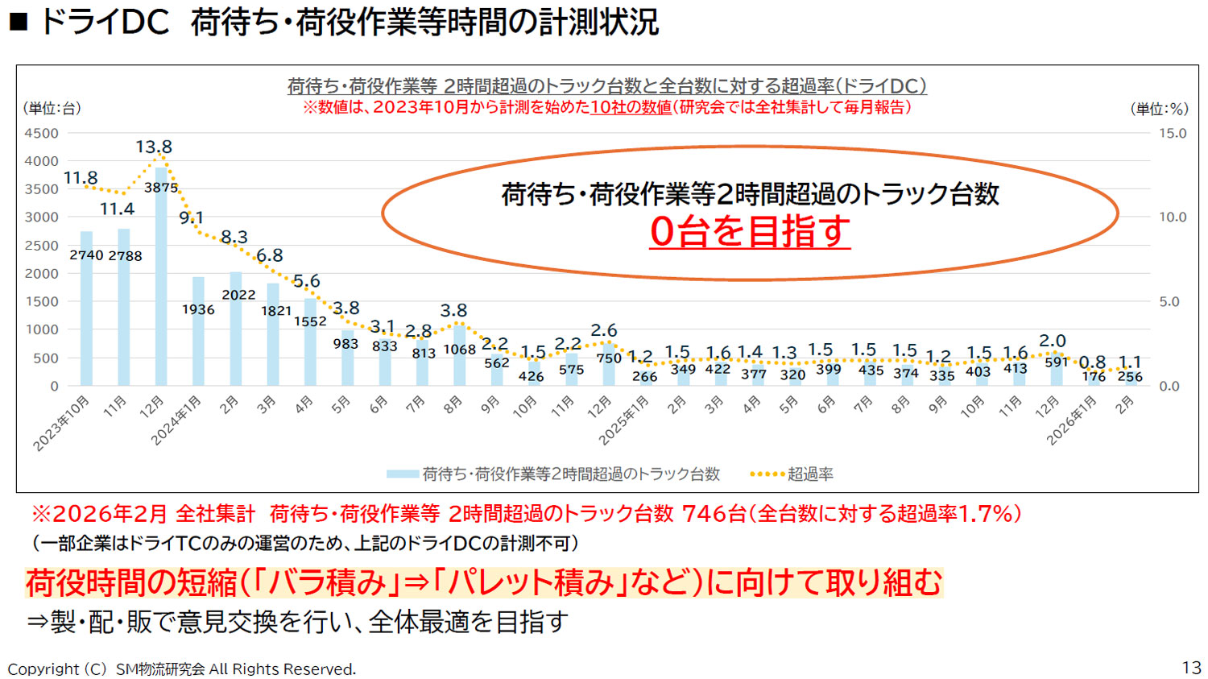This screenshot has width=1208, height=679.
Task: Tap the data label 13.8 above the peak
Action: point(154,147)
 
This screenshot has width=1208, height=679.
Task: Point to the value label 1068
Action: point(460,350)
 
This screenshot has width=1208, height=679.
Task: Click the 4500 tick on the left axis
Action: point(42,133)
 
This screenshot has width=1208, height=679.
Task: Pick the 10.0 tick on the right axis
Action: point(1173,217)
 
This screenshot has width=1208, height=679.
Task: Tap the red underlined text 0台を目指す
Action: point(750,232)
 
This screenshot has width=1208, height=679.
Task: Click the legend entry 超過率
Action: point(810,474)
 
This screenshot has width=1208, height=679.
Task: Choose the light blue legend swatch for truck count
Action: point(402,474)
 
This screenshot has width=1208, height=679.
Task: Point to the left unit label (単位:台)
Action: point(52,108)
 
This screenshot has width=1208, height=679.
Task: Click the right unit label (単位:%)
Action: point(1159,109)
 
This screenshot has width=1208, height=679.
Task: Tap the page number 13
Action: point(1191,668)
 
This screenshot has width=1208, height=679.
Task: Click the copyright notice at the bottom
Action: point(182,669)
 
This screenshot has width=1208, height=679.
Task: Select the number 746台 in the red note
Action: point(714,514)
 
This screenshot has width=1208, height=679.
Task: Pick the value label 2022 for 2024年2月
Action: point(238,295)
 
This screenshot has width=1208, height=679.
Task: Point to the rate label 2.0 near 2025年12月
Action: point(1053,341)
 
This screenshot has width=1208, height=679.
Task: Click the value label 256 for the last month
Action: point(1130,376)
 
